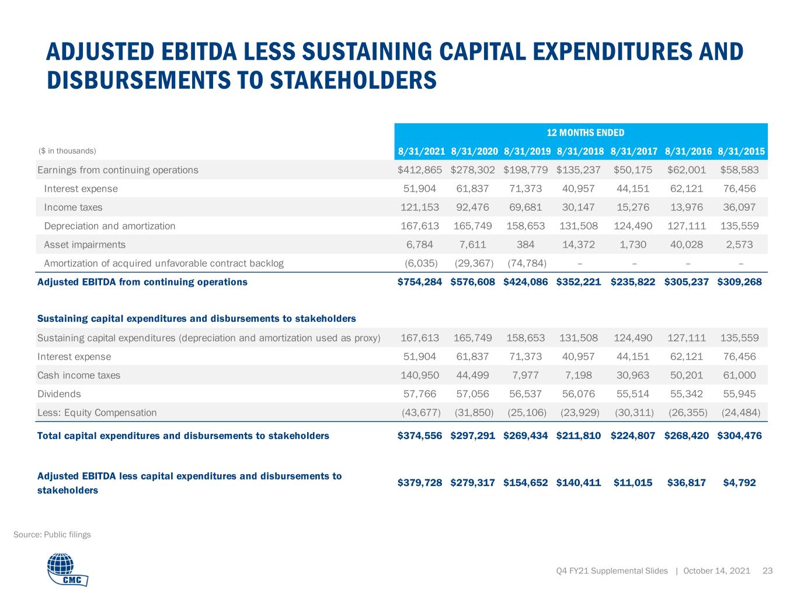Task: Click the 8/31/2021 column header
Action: pos(421,151)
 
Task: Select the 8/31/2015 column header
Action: pos(741,151)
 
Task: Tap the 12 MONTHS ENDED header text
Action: pos(585,133)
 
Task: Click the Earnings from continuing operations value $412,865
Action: pos(420,170)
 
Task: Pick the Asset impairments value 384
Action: pos(525,244)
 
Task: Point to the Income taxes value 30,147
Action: pos(579,207)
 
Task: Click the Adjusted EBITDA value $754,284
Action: pos(420,281)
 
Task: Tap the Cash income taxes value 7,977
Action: pos(525,375)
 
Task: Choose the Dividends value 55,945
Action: pos(739,394)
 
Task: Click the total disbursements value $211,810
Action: pos(579,435)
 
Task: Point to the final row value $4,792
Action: pos(739,482)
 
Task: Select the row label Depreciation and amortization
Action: pos(110,226)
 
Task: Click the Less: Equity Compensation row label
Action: pos(97,412)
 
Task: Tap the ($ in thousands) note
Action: pos(67,151)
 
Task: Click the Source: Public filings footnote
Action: pos(52,534)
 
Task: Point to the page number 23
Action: pos(768,571)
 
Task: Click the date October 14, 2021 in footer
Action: pos(716,571)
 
